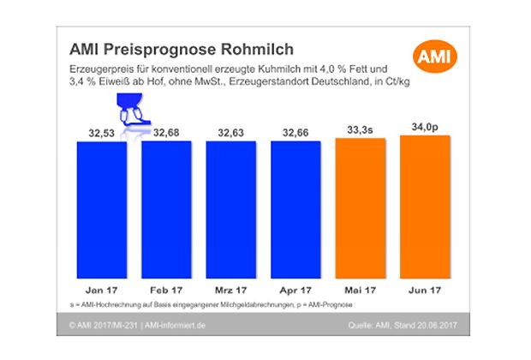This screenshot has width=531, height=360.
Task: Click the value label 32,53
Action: [x=101, y=132]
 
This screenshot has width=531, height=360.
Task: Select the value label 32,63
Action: [x=231, y=132]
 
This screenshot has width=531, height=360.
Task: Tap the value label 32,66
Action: [x=296, y=132]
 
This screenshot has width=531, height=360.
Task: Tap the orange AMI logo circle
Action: [x=433, y=58]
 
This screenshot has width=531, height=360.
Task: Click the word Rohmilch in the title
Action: [x=248, y=48]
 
